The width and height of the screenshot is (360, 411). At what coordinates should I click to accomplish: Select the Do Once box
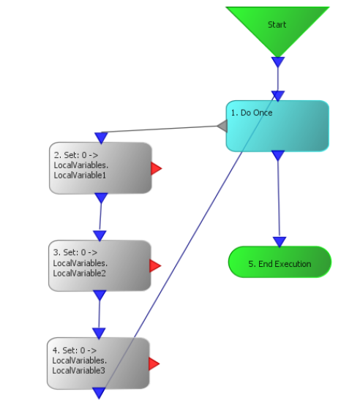[x=277, y=126]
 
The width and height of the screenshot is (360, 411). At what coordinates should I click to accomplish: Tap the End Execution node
[x=280, y=262]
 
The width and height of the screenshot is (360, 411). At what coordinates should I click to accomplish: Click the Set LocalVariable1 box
[x=100, y=168]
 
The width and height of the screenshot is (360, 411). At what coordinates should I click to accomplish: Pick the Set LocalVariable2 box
[x=100, y=265]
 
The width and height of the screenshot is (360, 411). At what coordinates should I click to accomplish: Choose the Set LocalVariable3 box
[x=98, y=363]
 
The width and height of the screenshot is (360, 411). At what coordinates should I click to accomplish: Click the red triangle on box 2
[x=157, y=168]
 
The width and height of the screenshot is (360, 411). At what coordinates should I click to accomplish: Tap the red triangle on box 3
[x=155, y=265]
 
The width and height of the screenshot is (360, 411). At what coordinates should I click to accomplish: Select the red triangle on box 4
[x=154, y=363]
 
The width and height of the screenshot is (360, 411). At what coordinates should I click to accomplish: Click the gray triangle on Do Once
[x=223, y=126]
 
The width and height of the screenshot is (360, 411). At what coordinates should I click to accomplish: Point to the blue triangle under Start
[x=278, y=62]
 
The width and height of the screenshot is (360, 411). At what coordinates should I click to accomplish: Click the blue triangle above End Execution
[x=280, y=242]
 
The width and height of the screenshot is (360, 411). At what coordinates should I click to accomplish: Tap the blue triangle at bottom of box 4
[x=99, y=393]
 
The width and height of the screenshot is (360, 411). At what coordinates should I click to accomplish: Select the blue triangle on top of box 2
[x=102, y=138]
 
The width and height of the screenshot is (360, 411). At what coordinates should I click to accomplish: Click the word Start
[x=277, y=25]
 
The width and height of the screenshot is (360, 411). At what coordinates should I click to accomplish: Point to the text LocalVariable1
[x=80, y=176]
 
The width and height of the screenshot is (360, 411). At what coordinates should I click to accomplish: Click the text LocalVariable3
[x=79, y=371]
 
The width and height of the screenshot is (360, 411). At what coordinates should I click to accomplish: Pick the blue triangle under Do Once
[x=278, y=155]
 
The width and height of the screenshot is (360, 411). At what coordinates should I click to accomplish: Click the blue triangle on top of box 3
[x=100, y=235]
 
